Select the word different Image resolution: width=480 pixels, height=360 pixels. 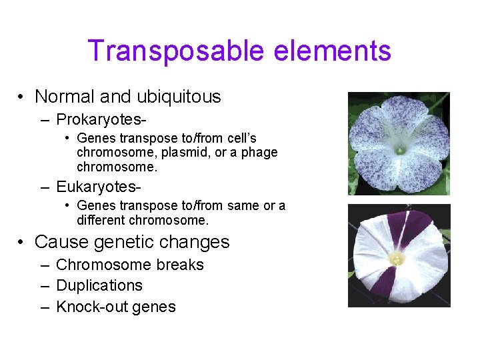click(x=101, y=220)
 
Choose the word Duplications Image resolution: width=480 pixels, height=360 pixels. click(x=99, y=286)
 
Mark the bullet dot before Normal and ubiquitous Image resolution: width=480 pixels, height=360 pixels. click(x=22, y=98)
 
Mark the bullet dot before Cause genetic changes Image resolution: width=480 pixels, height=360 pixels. click(x=22, y=243)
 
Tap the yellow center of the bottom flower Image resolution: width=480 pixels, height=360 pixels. click(x=397, y=257)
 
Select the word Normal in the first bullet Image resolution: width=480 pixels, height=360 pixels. click(x=65, y=97)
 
